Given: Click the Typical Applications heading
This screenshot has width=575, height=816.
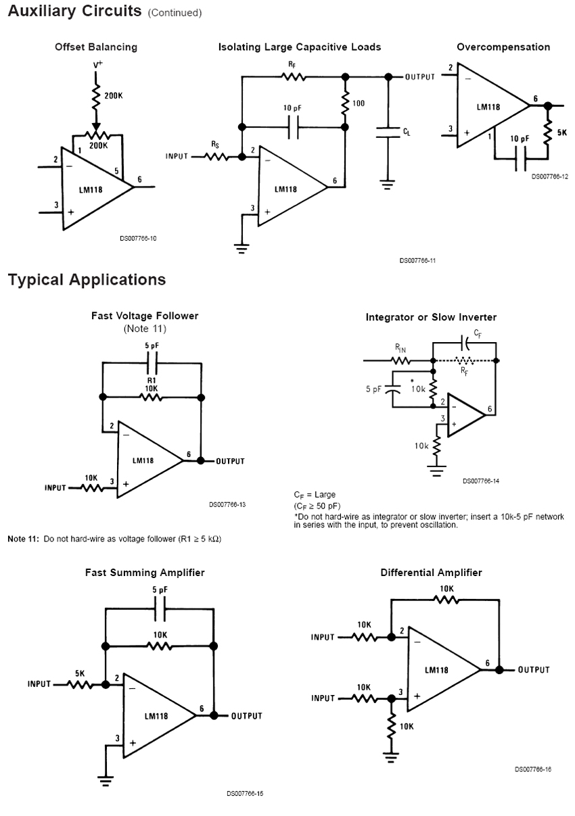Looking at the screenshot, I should (x=87, y=280).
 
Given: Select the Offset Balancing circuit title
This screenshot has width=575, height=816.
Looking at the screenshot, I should (x=96, y=47).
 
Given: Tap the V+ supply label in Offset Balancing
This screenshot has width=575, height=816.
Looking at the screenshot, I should (x=98, y=65).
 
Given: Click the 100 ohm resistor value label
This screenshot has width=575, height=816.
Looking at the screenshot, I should (x=359, y=103).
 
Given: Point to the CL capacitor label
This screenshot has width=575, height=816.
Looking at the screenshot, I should (x=407, y=133).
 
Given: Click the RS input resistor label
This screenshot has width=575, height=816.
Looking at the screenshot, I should (x=215, y=144).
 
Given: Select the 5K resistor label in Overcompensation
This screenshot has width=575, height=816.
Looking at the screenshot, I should (x=562, y=133).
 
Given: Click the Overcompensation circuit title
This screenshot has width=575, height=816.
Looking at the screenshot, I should (x=503, y=47).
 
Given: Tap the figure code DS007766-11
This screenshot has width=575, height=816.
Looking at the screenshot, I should (x=417, y=260).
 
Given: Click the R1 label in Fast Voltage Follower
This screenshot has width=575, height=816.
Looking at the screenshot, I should (x=152, y=381).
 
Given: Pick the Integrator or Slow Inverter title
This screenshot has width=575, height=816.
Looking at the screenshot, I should (x=431, y=317).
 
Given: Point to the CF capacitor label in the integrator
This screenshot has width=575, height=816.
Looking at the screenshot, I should (x=478, y=333).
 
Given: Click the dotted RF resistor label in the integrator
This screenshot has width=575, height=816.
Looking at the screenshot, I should (x=463, y=371).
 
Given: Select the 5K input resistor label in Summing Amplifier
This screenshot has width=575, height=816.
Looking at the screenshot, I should (x=80, y=673).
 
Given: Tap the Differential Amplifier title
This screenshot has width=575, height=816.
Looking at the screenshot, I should (x=431, y=573).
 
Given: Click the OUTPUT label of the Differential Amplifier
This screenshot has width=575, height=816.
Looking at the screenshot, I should (x=534, y=670).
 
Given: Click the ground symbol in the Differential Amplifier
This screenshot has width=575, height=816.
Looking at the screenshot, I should (x=390, y=757).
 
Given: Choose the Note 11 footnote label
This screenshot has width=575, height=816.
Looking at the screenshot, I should (x=23, y=539).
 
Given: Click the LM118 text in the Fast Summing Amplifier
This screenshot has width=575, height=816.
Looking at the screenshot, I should (x=156, y=716).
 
